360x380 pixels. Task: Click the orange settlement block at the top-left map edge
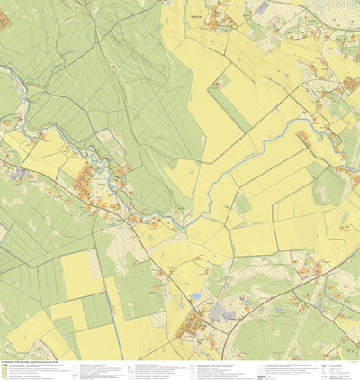tap(4, 19)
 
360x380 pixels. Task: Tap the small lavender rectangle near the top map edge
tap(262, 7)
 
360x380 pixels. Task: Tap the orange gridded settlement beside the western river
tap(87, 177)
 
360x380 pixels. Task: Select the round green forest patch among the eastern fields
tap(329, 187)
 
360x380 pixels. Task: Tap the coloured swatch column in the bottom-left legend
tap(8, 370)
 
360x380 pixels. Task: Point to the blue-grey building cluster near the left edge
tap(20, 173)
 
